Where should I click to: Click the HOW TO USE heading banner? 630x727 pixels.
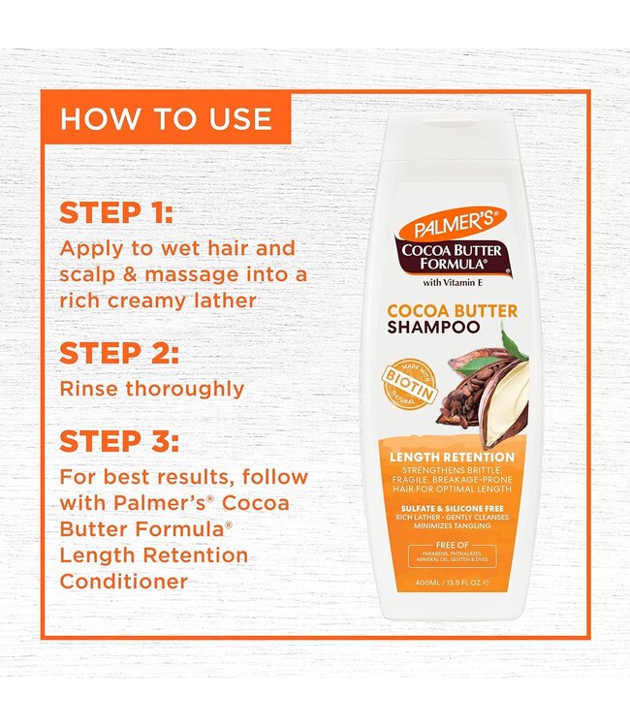(x=166, y=118)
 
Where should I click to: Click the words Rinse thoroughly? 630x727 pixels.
(x=151, y=389)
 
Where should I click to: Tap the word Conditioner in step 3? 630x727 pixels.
(x=123, y=582)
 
